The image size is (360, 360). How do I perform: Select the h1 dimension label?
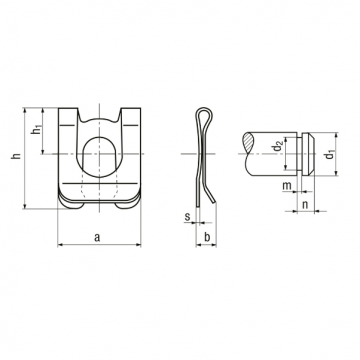coord(36,131)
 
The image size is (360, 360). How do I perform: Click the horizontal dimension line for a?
coord(96,245)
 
